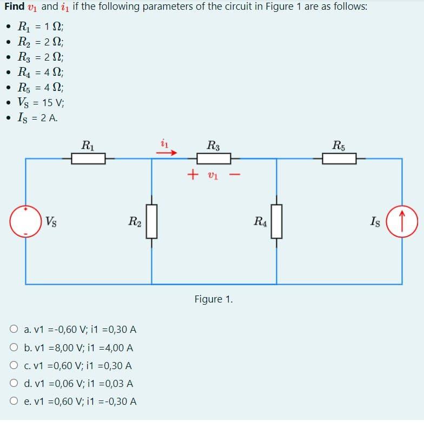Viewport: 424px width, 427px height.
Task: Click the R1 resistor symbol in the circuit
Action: [88, 159]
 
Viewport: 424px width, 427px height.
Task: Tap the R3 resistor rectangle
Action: [214, 159]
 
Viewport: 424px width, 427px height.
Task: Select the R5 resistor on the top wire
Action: [339, 159]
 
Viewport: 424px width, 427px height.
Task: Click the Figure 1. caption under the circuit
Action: [214, 299]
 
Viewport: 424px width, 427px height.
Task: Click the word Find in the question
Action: [14, 7]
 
